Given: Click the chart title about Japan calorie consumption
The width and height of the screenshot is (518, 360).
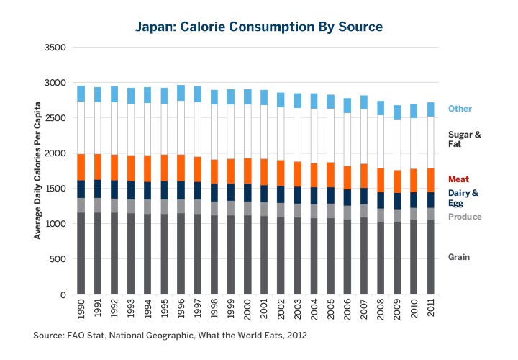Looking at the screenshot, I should pyautogui.click(x=259, y=27).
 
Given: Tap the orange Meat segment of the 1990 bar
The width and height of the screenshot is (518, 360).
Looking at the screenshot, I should pyautogui.click(x=81, y=167).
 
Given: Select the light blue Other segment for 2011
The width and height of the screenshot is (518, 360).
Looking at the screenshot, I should pyautogui.click(x=430, y=109).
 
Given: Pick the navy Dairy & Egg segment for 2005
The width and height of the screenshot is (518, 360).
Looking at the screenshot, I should pyautogui.click(x=330, y=196).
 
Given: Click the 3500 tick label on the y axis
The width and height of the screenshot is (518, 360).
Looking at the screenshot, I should pyautogui.click(x=56, y=48).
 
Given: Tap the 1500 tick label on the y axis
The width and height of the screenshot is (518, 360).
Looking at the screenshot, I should pyautogui.click(x=56, y=189).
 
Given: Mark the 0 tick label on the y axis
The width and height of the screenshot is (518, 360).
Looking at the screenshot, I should pyautogui.click(x=63, y=295).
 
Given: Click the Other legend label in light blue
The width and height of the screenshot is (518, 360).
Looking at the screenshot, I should pyautogui.click(x=460, y=109).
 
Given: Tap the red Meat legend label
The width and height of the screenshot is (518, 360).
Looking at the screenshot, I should pyautogui.click(x=460, y=179).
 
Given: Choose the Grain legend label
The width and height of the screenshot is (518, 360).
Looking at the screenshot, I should pyautogui.click(x=460, y=257).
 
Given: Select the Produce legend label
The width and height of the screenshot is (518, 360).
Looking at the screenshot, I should pyautogui.click(x=465, y=217).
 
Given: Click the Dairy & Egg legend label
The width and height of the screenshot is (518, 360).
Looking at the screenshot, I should pyautogui.click(x=463, y=199).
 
